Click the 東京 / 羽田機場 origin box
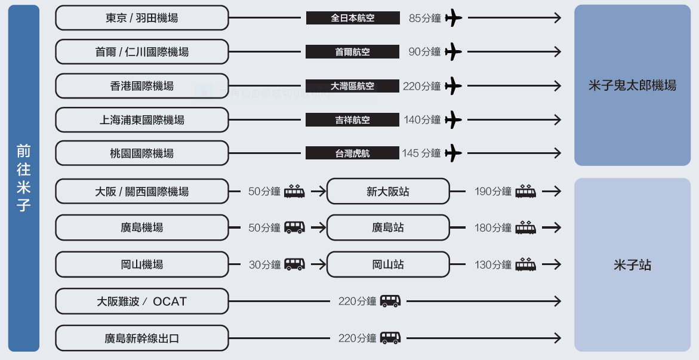[x=141, y=18]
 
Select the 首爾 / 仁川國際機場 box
[x=141, y=52]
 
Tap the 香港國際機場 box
[x=141, y=85]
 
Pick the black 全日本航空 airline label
[x=353, y=18]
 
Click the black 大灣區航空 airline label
[x=352, y=85]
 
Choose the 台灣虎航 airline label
[x=352, y=153]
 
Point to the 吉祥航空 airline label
[x=352, y=119]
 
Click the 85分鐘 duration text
[x=425, y=19]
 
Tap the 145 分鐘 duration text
[x=421, y=153]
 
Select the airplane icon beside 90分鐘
[x=454, y=52]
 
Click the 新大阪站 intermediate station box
[x=388, y=192]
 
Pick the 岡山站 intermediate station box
[x=388, y=264]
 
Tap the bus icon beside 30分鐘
[x=295, y=264]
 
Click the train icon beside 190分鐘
[x=525, y=191]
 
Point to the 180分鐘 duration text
[x=493, y=228]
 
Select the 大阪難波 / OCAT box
[x=141, y=301]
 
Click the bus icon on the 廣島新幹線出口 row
[x=390, y=338]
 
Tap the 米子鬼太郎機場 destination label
[x=632, y=85]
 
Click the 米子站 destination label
[x=632, y=265]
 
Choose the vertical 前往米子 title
[x=24, y=178]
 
